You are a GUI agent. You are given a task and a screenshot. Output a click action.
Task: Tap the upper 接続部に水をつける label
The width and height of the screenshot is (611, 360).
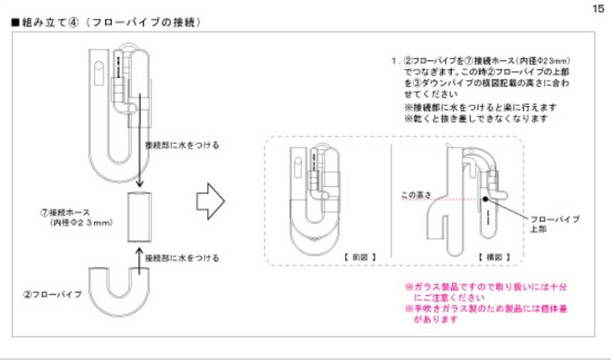click(x=183, y=144)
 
